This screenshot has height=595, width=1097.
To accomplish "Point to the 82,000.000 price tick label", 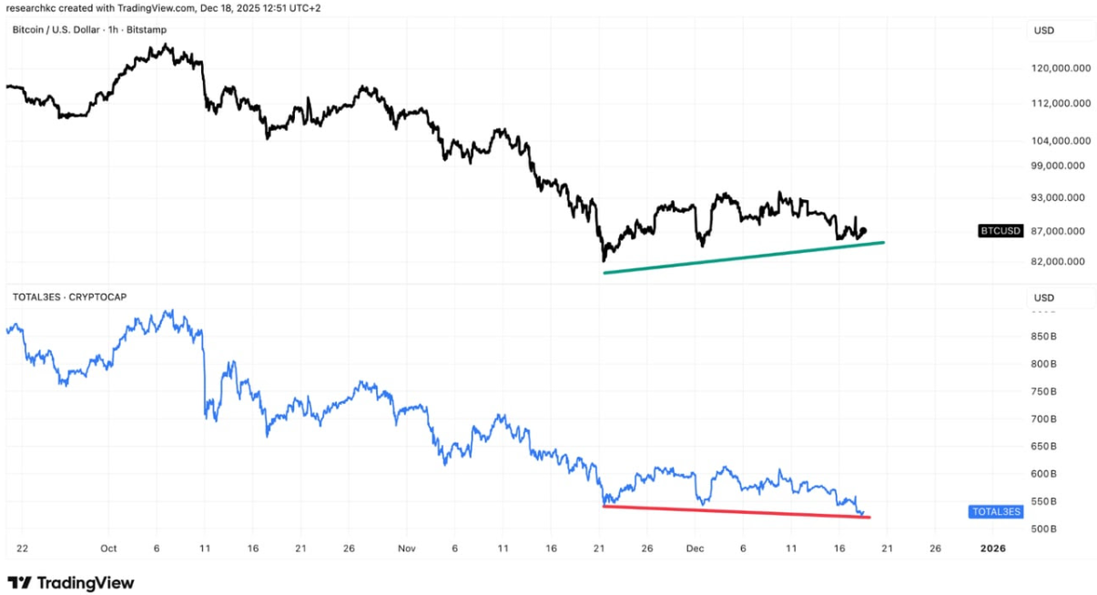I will point(1059,262).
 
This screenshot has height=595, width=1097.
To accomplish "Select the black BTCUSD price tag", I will point(1001,231).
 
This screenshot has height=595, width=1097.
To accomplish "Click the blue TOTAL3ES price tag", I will point(997,511).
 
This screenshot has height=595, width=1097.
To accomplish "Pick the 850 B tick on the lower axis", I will point(1043,337).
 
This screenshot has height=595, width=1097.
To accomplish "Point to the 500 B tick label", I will point(1043,529).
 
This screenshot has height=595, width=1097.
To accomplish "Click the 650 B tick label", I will point(1043,447).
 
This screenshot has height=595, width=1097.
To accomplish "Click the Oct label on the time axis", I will point(108,549).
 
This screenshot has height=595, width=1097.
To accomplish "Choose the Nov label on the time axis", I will point(407,549).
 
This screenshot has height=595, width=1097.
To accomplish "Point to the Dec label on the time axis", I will point(696,549).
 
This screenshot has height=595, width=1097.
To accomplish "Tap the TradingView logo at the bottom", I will point(71,582).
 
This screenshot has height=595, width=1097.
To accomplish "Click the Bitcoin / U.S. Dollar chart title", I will point(89,30).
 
